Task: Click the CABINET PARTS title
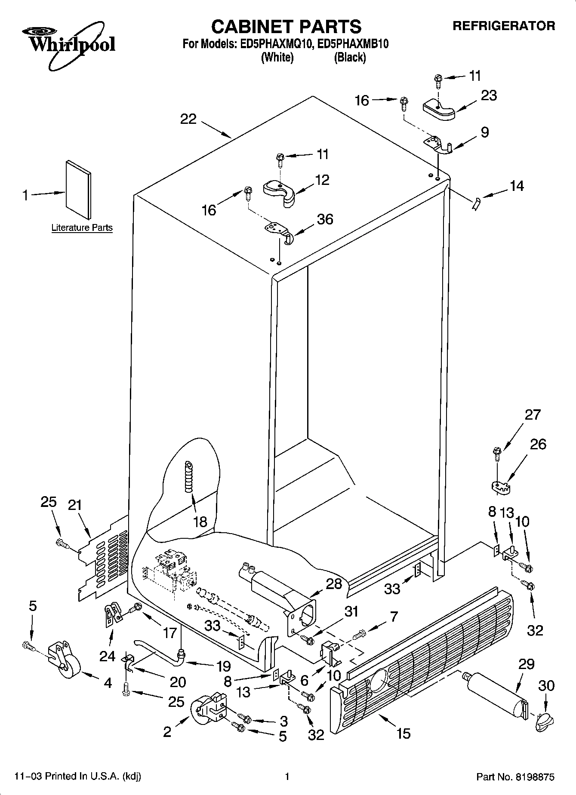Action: pos(286,27)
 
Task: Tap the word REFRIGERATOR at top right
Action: pos(503,26)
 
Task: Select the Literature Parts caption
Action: pos(82,228)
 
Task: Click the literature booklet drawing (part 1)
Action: pos(78,189)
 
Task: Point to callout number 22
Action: pos(188,119)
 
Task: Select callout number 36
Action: pos(325,219)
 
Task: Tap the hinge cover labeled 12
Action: pos(280,192)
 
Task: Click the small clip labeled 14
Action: pos(476,203)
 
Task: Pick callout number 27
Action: pos(533,414)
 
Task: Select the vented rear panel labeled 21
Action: pos(103,559)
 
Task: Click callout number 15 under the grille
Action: pos(403,734)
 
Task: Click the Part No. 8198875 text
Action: pos(515,777)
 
